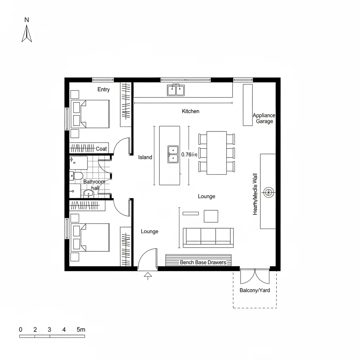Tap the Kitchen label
191,111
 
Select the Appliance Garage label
264,118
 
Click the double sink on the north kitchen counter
176,90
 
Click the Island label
145,157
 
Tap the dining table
217,153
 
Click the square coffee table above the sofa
211,216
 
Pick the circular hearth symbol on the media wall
269,192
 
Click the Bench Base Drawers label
203,262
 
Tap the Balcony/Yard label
255,290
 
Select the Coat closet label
101,149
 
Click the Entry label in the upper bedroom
103,89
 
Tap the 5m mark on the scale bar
81,329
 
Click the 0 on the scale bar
20,329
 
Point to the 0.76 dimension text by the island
189,154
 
